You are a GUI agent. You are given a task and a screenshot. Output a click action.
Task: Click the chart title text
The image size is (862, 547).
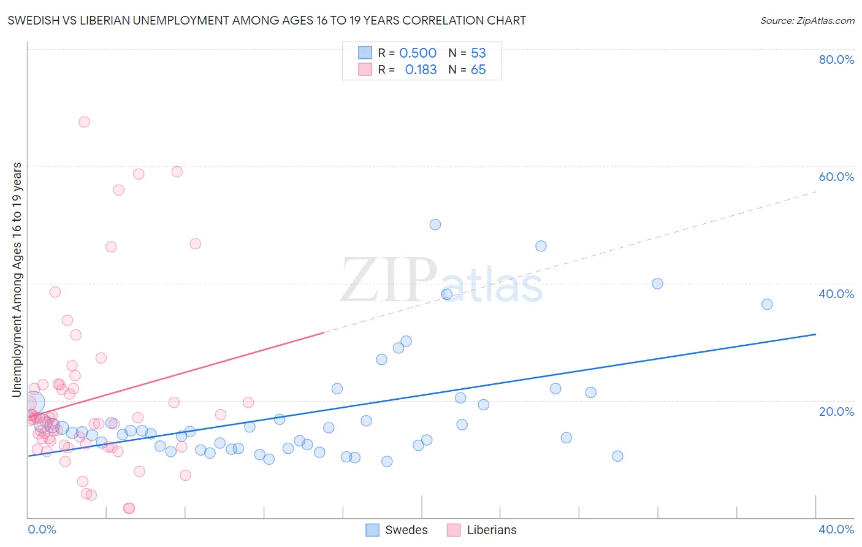pos(267,21)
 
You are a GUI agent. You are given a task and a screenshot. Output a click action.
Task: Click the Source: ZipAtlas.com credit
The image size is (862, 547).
pos(807,21)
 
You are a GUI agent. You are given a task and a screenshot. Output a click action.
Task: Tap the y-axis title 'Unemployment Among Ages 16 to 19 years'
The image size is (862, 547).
pos(17,279)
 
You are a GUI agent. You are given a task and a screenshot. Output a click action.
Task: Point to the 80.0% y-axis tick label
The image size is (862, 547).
pos(836,59)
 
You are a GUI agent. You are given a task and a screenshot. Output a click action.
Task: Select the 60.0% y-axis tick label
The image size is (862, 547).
pos(836,177)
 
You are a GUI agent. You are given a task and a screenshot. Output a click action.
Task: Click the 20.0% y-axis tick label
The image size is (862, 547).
pos(836,411)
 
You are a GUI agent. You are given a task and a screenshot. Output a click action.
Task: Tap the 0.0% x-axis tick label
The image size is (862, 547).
pos(42,529)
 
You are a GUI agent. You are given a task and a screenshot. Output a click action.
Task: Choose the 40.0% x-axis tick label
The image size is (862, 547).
pos(836,529)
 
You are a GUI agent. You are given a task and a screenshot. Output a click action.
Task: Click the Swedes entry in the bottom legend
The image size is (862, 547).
pos(397,530)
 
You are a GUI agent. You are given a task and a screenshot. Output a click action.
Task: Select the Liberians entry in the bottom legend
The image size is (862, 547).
pos(482,530)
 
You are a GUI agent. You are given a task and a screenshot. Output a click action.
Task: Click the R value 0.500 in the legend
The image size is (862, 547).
pos(418,53)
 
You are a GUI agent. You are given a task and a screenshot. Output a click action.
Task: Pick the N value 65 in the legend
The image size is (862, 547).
pos(478,70)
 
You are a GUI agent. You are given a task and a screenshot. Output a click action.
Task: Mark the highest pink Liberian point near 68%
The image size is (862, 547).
pos(84,122)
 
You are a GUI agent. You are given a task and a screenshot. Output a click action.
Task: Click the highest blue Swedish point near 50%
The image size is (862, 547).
pos(435,224)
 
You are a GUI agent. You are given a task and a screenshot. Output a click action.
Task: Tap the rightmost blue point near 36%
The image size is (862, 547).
pos(767,304)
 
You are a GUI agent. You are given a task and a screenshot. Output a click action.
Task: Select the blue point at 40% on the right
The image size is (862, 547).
pos(657,283)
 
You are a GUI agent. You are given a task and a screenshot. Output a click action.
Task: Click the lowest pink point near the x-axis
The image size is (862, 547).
pos(129,508)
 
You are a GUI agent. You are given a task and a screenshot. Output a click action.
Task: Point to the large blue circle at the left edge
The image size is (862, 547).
pos(34,402)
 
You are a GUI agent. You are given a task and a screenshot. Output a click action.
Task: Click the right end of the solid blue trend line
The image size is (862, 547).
pos(815,334)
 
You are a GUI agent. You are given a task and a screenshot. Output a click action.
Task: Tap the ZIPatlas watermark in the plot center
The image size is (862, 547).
pos(441,281)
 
